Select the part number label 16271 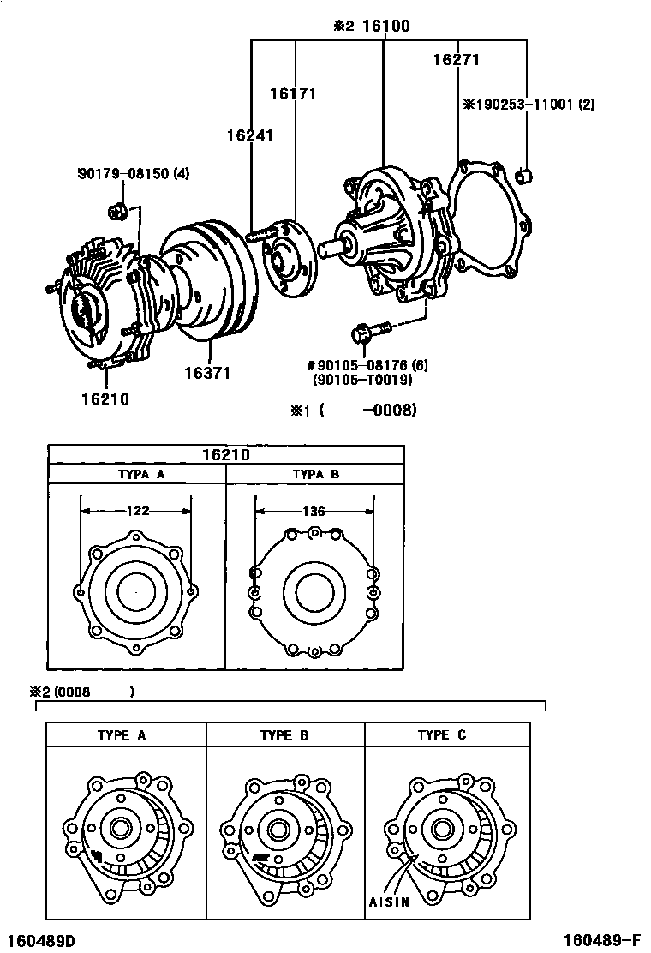(x=455, y=60)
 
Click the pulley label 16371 (x=206, y=374)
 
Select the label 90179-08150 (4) (x=133, y=174)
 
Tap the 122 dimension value (x=137, y=511)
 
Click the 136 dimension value (x=314, y=511)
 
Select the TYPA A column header (x=137, y=474)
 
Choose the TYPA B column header (x=315, y=474)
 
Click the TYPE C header (x=442, y=735)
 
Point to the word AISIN (x=390, y=902)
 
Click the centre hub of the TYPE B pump (x=277, y=829)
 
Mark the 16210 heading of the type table (x=226, y=454)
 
